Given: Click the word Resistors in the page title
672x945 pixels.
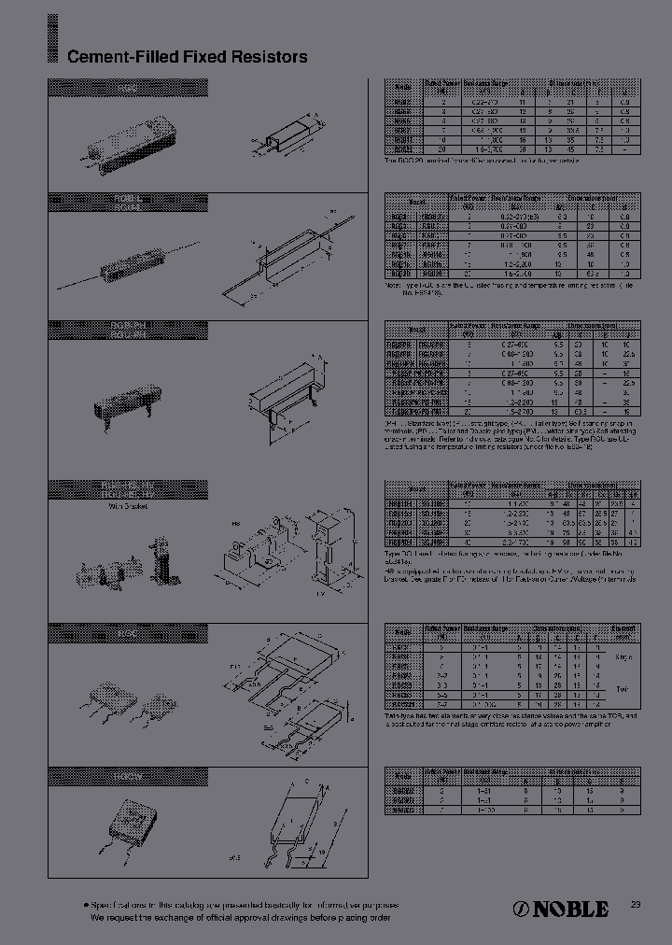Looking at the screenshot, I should pyautogui.click(x=273, y=57).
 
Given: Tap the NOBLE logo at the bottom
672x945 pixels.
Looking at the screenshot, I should pyautogui.click(x=562, y=909).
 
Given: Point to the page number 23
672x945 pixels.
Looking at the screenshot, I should pyautogui.click(x=636, y=904).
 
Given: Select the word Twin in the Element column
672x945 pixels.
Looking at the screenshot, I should pyautogui.click(x=623, y=688).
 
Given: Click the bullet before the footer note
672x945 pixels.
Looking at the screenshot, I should pyautogui.click(x=85, y=905).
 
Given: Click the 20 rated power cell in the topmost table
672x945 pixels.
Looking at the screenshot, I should pyautogui.click(x=442, y=148).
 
